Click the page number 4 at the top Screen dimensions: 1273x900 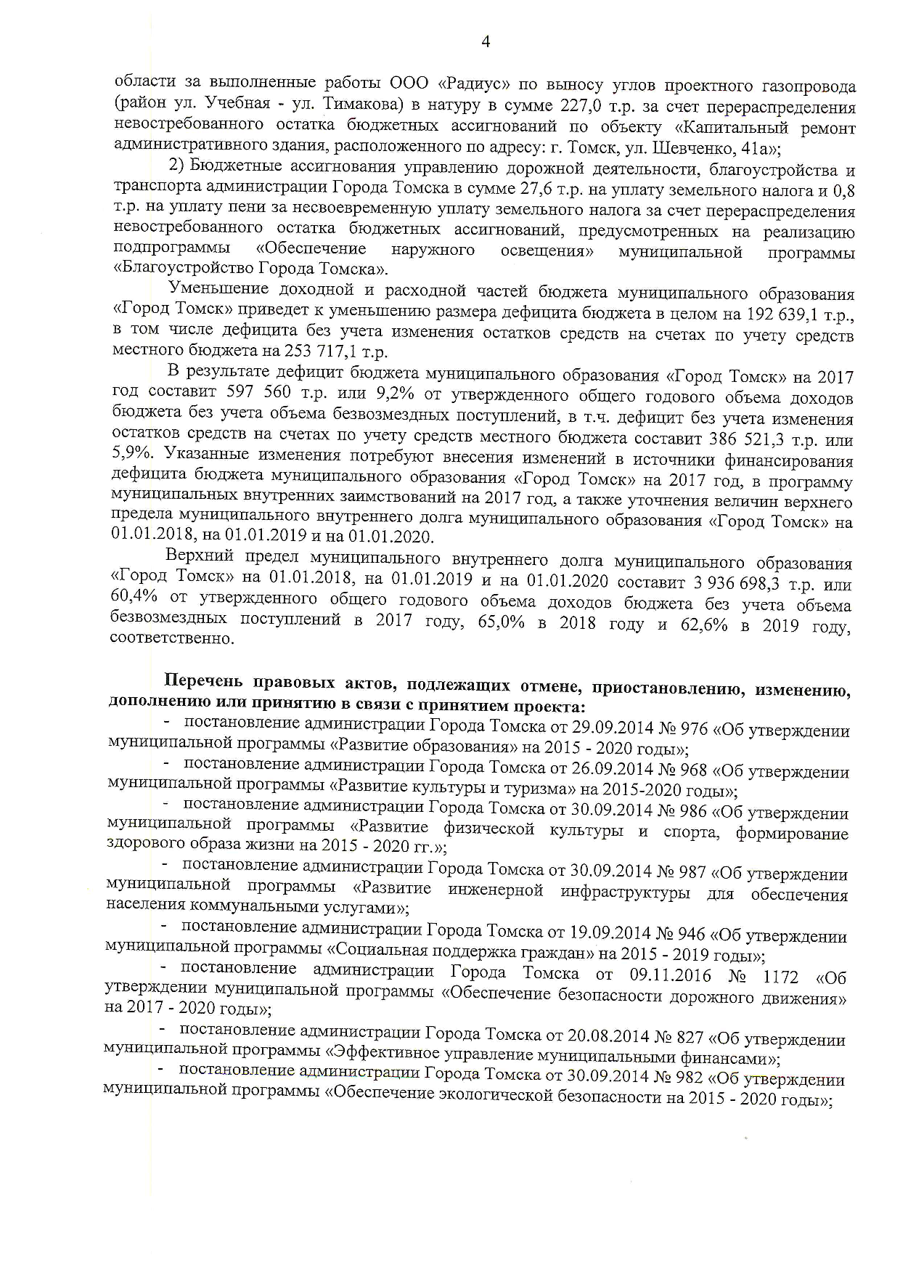[x=486, y=43]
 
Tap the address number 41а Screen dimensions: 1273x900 [x=748, y=148]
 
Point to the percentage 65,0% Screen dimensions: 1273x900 [x=502, y=624]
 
